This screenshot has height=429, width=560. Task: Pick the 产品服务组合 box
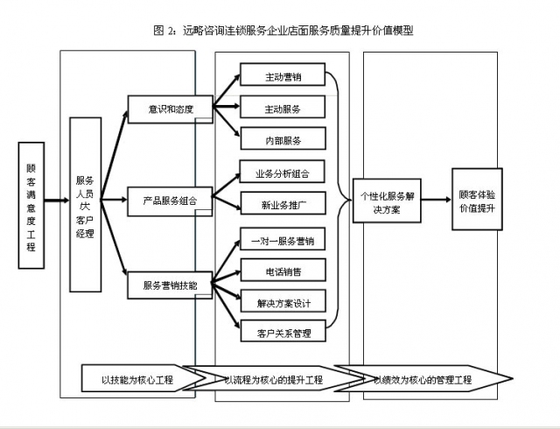point(171,200)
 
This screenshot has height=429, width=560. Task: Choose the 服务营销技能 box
point(171,285)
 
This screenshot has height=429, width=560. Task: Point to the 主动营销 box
point(282,76)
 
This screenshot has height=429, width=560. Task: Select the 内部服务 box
point(282,139)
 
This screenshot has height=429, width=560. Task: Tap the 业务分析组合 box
point(282,172)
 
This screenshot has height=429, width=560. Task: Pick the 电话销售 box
point(282,271)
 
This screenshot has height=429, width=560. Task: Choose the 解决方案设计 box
point(282,302)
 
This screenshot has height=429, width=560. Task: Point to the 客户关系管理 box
point(282,333)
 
